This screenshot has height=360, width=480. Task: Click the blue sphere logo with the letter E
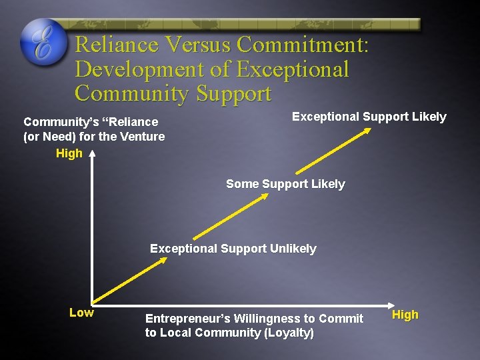[44, 42]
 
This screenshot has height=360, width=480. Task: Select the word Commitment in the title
[301, 45]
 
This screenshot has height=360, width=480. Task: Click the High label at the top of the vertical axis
[69, 153]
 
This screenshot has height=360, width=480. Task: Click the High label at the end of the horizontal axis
[405, 315]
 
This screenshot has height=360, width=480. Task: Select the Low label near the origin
[81, 313]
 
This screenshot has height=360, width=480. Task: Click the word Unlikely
[293, 249]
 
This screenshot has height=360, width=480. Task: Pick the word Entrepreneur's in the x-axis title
[188, 319]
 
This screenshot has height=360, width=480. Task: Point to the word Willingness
[269, 319]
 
